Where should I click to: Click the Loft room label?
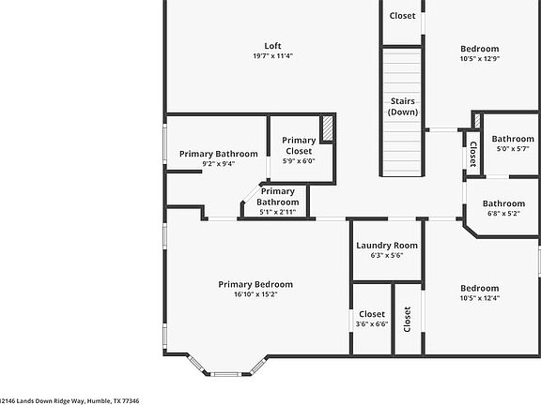pyautogui.click(x=272, y=45)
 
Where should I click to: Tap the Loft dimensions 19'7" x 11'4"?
pyautogui.click(x=272, y=56)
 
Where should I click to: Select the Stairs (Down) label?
pyautogui.click(x=402, y=107)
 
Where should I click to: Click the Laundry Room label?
pyautogui.click(x=386, y=247)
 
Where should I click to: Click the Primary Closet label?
pyautogui.click(x=299, y=145)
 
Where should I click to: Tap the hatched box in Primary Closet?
pyautogui.click(x=328, y=128)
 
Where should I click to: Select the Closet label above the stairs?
pyautogui.click(x=402, y=16)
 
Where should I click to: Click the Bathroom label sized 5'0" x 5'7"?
pyautogui.click(x=512, y=139)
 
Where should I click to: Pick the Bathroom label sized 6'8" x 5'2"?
pyautogui.click(x=503, y=203)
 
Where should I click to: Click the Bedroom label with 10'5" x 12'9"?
pyautogui.click(x=479, y=49)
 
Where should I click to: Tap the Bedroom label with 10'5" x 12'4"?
pyautogui.click(x=479, y=288)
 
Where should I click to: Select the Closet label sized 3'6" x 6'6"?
pyautogui.click(x=372, y=314)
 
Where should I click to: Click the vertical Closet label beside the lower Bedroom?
pyautogui.click(x=408, y=320)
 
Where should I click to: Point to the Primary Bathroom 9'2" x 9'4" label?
pyautogui.click(x=218, y=154)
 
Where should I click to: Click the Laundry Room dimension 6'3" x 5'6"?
pyautogui.click(x=386, y=256)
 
